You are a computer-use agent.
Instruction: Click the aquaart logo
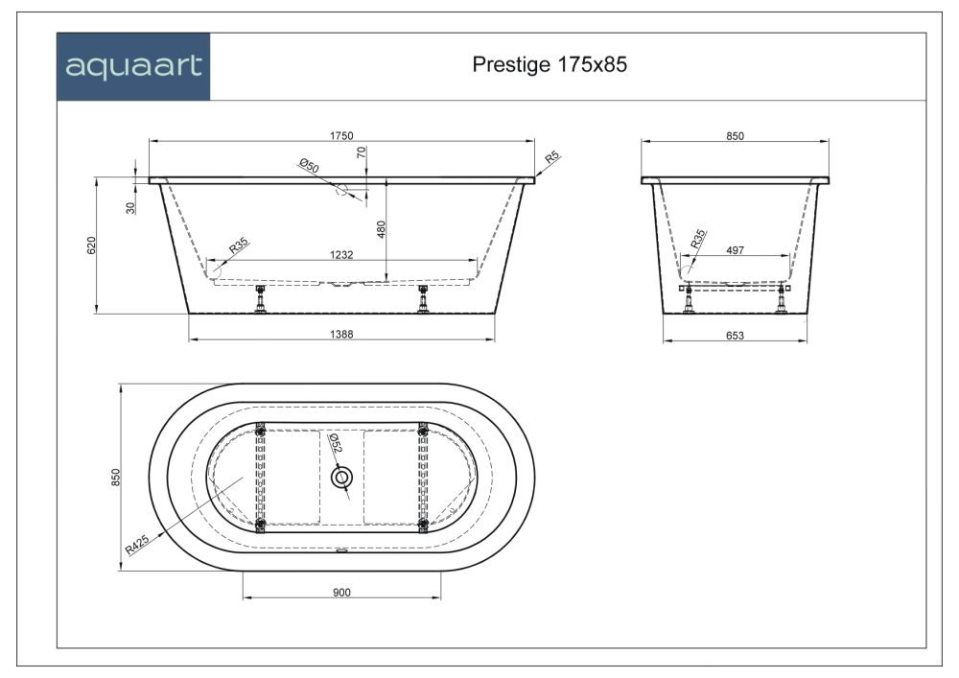132,67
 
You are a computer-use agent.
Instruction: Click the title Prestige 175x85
550,64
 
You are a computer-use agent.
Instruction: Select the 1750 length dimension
342,136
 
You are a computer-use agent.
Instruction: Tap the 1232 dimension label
342,254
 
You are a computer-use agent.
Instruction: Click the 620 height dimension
90,245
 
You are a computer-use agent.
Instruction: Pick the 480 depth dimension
381,230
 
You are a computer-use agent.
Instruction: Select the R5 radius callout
551,157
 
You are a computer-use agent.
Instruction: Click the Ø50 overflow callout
309,167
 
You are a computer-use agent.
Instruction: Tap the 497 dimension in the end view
736,249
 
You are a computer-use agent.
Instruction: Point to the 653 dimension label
736,335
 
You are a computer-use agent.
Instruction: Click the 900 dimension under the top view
341,593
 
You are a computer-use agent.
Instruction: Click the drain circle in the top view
341,477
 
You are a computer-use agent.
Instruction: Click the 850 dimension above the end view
736,136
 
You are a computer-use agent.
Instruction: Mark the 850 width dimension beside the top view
114,477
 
